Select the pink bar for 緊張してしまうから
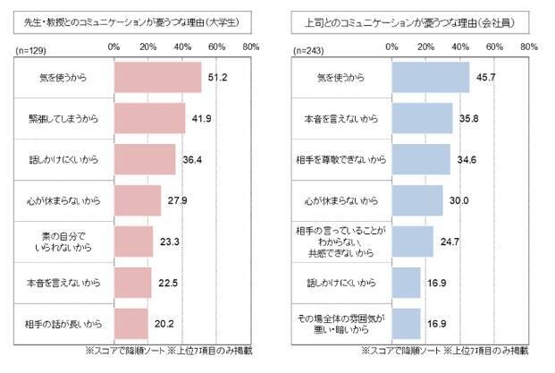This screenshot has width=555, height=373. point(150,119)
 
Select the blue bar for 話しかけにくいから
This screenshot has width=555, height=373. point(406,283)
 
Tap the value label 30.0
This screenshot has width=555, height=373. point(458,200)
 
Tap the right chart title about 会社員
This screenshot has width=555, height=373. point(404,15)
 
